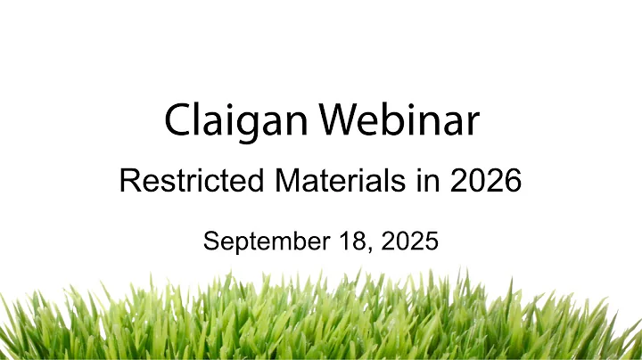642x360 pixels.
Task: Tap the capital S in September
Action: point(210,241)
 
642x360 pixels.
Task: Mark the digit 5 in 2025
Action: point(431,241)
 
